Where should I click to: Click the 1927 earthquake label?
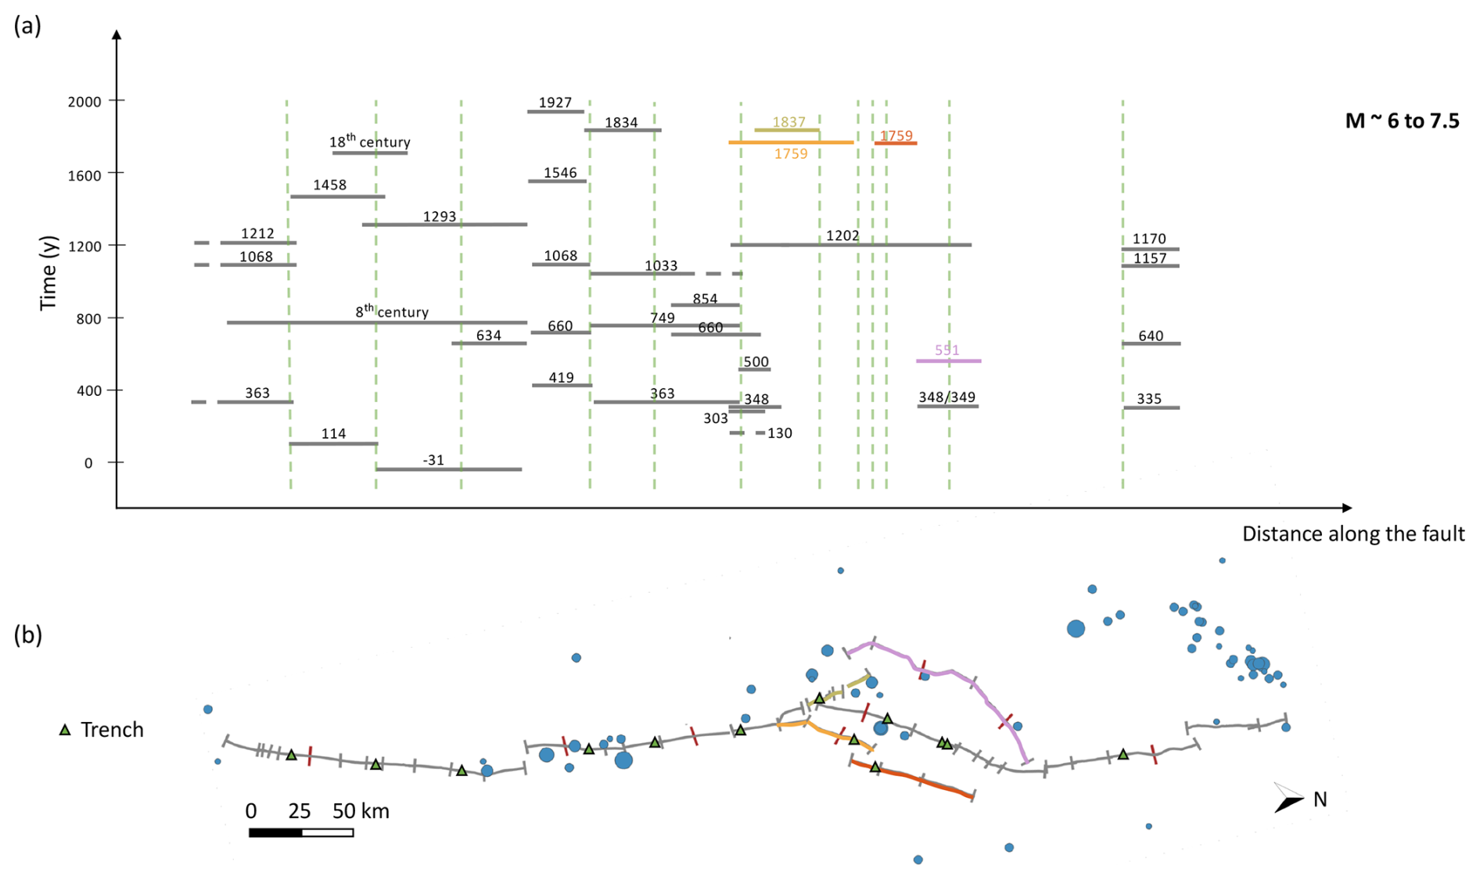555,102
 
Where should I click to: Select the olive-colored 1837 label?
788,122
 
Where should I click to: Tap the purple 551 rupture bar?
948,361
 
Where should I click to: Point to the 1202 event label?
842,235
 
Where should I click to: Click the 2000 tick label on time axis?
84,102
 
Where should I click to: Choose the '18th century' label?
369,142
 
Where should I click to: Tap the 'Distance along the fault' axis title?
1352,534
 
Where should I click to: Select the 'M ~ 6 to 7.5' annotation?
1402,120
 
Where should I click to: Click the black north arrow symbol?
1288,798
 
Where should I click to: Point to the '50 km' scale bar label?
360,811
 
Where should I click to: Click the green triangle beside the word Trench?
66,730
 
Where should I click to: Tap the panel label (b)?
27,634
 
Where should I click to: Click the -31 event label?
433,460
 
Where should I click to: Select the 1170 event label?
1148,239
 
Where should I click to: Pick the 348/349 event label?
947,397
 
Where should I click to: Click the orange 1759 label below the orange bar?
790,154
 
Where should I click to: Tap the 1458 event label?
329,185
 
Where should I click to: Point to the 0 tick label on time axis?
88,463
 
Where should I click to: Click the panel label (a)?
27,26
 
